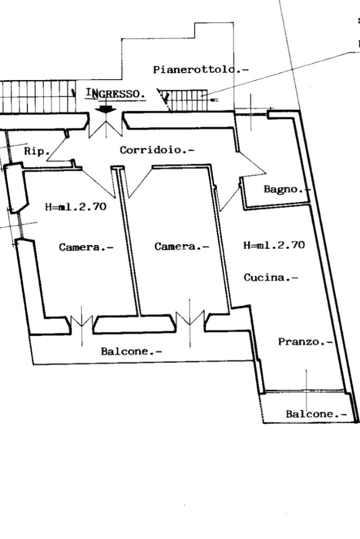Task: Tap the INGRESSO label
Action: [115, 94]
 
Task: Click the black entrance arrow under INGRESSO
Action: [107, 108]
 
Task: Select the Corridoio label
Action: [157, 150]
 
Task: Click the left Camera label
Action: [86, 247]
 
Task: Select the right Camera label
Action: [181, 247]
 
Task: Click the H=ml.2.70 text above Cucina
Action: [274, 245]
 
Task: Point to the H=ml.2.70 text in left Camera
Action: [75, 207]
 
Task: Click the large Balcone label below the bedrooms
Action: [131, 351]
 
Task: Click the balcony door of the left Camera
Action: [82, 321]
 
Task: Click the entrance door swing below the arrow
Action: [107, 126]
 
